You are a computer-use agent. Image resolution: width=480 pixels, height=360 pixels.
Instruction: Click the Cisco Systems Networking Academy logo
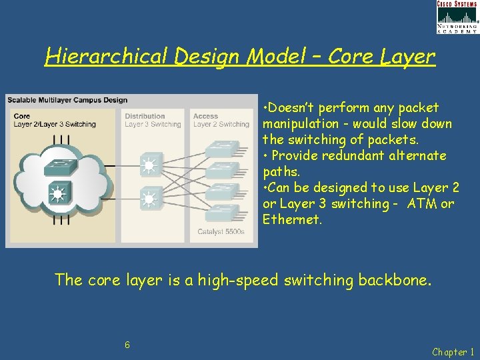(457, 17)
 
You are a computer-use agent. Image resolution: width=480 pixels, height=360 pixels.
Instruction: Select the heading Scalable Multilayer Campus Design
(67, 100)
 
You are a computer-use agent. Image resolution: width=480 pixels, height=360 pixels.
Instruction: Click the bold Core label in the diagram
(21, 116)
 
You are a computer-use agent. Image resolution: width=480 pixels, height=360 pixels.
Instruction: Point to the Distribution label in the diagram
(145, 116)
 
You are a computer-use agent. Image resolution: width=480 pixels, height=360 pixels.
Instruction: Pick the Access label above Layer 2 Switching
(205, 116)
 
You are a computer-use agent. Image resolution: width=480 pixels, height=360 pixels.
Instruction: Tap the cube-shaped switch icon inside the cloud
(57, 193)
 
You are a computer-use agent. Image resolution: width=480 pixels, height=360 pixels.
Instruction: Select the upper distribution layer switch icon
(151, 164)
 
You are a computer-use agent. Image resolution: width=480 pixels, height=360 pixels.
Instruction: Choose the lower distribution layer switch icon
(151, 197)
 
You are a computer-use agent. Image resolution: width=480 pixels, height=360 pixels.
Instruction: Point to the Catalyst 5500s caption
(221, 232)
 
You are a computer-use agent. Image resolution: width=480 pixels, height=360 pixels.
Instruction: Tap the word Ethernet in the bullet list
(292, 219)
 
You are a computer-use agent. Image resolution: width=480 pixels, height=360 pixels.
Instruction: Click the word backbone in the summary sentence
(395, 279)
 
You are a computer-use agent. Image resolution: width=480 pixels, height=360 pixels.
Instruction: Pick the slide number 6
(127, 345)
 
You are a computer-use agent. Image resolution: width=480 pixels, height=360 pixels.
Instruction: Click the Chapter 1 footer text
(453, 351)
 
